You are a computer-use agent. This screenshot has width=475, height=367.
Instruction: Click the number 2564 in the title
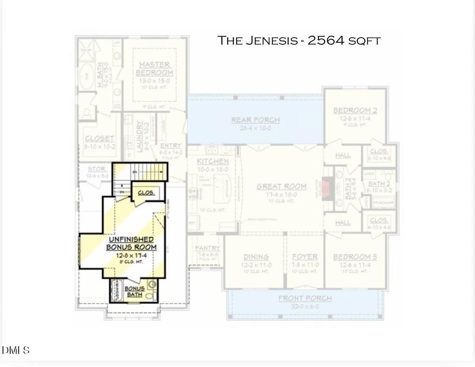(326, 41)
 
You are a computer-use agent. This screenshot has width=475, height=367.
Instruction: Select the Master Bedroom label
(155, 68)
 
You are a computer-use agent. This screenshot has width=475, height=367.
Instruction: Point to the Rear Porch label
(255, 120)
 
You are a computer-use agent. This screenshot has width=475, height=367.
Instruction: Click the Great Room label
(281, 186)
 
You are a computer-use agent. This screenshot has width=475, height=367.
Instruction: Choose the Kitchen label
(213, 162)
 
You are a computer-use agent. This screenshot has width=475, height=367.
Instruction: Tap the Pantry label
(207, 248)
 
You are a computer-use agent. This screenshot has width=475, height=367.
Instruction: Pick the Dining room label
(256, 257)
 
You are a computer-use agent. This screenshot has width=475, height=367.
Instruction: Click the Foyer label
(305, 257)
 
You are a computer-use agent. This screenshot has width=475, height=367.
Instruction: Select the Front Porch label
(305, 299)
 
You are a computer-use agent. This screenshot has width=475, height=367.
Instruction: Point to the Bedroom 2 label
(355, 111)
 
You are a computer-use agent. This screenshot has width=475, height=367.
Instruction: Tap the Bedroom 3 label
(355, 257)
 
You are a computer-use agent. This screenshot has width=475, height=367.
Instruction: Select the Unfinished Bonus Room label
(131, 243)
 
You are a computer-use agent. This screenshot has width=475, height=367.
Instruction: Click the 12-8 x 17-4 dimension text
(131, 255)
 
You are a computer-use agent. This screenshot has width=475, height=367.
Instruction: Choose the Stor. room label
(97, 169)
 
